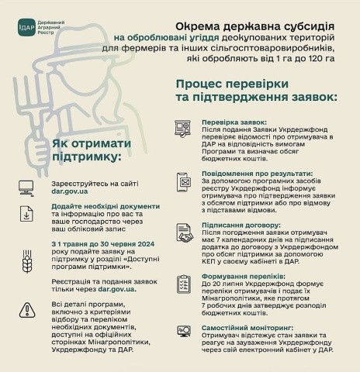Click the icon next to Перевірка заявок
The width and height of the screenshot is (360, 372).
click(185, 129)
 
